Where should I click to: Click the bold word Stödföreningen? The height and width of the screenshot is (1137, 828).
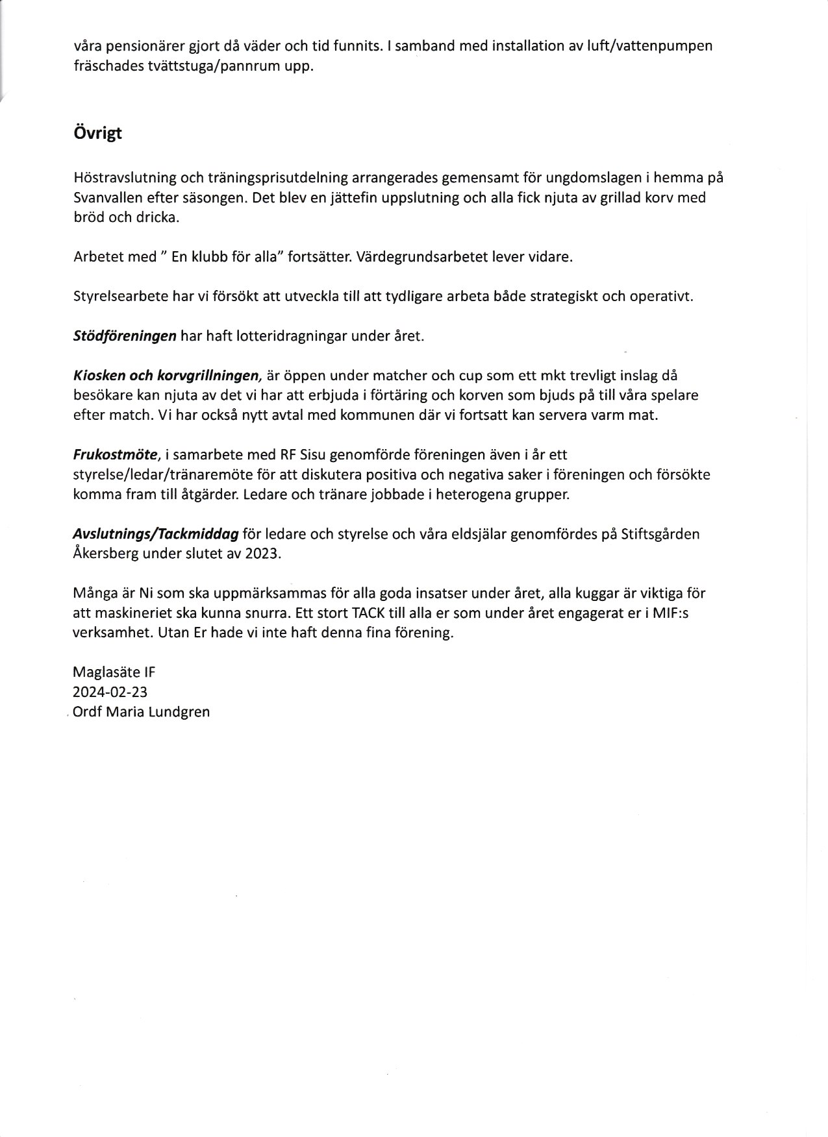[x=125, y=336]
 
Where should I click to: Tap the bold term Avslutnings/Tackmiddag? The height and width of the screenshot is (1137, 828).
[x=155, y=534]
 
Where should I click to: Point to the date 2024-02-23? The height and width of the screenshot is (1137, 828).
[x=110, y=692]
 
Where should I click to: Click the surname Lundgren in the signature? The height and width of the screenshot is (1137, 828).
[x=179, y=711]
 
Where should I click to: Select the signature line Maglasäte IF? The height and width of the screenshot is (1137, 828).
[x=114, y=672]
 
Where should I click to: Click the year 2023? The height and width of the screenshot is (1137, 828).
[x=262, y=554]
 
